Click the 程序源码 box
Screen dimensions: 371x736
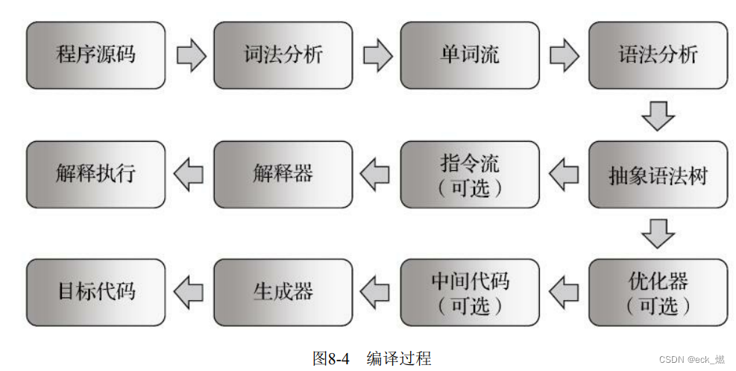coord(96,55)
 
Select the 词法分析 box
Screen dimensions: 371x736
coord(283,55)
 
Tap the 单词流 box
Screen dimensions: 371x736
coord(470,55)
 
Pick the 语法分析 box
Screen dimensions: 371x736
coord(658,55)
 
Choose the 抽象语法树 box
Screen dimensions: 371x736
coord(658,175)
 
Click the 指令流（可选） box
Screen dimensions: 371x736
coord(470,175)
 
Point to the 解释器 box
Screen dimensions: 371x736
coord(283,175)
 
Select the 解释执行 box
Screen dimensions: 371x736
coord(96,175)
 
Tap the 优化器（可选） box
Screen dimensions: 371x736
coord(658,293)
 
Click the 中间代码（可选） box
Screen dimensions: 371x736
coord(470,293)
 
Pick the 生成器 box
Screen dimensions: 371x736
coord(283,293)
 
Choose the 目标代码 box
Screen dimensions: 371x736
coord(96,293)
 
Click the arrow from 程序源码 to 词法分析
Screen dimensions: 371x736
coord(191,56)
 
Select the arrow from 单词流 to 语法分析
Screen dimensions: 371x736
coord(564,56)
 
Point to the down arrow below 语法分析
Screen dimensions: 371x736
coord(658,116)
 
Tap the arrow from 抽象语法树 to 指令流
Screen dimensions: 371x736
coord(564,175)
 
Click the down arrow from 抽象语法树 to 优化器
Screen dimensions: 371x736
coord(658,234)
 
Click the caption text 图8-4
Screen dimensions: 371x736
coord(331,358)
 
